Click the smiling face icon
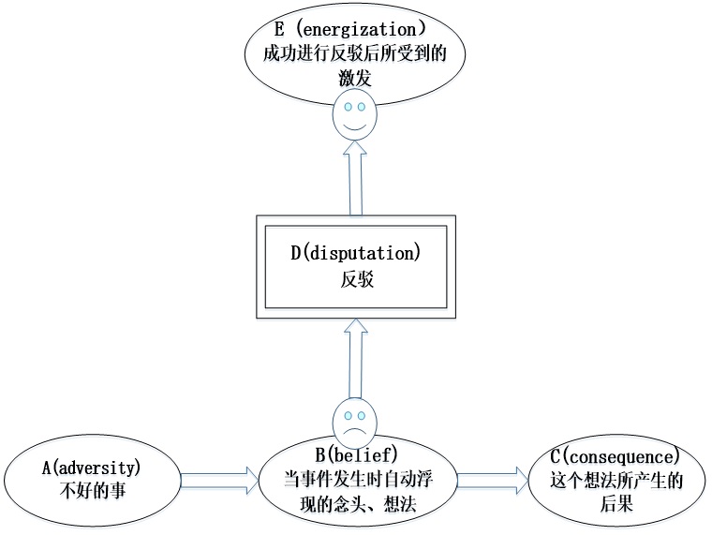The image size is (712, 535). coord(354,114)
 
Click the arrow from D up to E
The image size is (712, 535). coord(354,178)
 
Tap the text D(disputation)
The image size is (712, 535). coord(355,253)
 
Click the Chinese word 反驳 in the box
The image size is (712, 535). coord(355,278)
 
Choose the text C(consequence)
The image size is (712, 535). coord(615,457)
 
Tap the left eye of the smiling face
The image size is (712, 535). coord(348,107)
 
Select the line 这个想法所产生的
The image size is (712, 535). coord(615,482)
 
